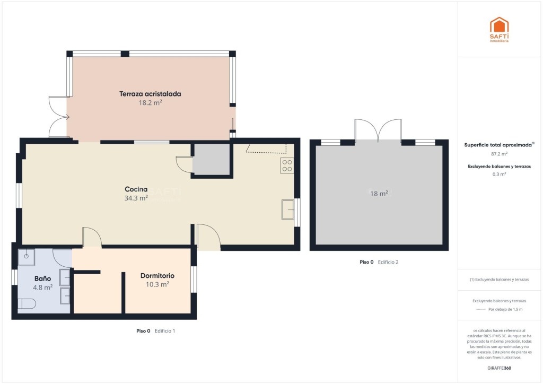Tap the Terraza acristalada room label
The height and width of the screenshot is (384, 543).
tap(150, 94)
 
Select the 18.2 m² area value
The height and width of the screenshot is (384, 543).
tap(150, 102)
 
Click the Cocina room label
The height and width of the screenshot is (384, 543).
tap(136, 189)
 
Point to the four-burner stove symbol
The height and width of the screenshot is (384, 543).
tap(287, 165)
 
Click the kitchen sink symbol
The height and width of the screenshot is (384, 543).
tap(288, 210)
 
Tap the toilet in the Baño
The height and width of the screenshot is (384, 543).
tap(27, 304)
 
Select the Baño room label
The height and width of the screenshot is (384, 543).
tap(42, 278)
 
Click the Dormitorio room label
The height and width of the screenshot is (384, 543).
tap(157, 276)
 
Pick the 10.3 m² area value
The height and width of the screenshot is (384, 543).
tap(157, 284)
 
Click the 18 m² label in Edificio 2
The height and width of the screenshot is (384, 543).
tap(379, 194)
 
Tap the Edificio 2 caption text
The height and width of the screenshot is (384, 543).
tap(388, 262)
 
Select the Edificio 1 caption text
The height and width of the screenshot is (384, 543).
tap(165, 330)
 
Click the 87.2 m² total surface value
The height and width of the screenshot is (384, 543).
tap(499, 154)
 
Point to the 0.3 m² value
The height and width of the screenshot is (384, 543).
tap(499, 174)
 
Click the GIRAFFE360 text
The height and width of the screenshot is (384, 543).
tap(499, 368)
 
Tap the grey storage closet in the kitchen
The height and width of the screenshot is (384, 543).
tap(211, 160)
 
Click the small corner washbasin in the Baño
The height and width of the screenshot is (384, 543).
tap(27, 257)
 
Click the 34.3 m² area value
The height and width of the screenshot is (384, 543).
tap(136, 198)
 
